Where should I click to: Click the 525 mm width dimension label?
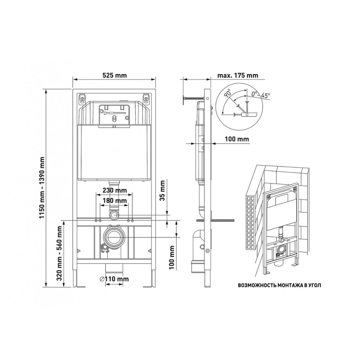114,75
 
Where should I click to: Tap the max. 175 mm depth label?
238,75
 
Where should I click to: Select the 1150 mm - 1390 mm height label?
42,188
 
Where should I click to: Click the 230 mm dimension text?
114,190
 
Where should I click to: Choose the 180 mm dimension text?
114,201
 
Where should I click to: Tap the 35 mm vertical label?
162,190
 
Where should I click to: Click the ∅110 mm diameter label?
114,279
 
